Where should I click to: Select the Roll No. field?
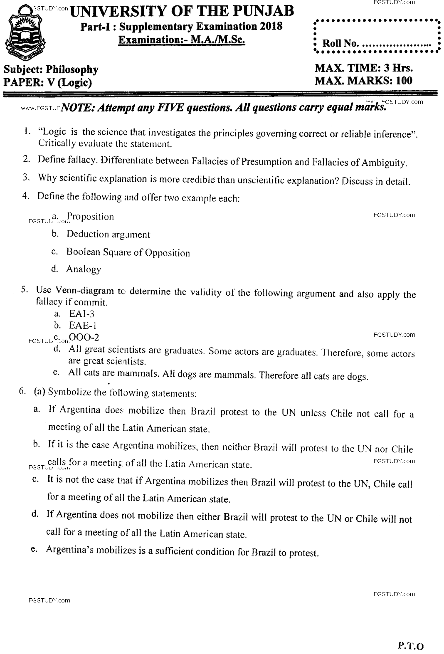(x=376, y=42)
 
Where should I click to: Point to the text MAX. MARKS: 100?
(x=363, y=81)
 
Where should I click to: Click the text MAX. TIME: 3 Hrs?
(x=363, y=68)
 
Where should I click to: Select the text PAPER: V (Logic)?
(x=47, y=82)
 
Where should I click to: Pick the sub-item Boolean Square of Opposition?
(x=128, y=252)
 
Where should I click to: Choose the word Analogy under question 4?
(x=83, y=269)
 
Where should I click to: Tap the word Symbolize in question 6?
(x=67, y=392)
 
